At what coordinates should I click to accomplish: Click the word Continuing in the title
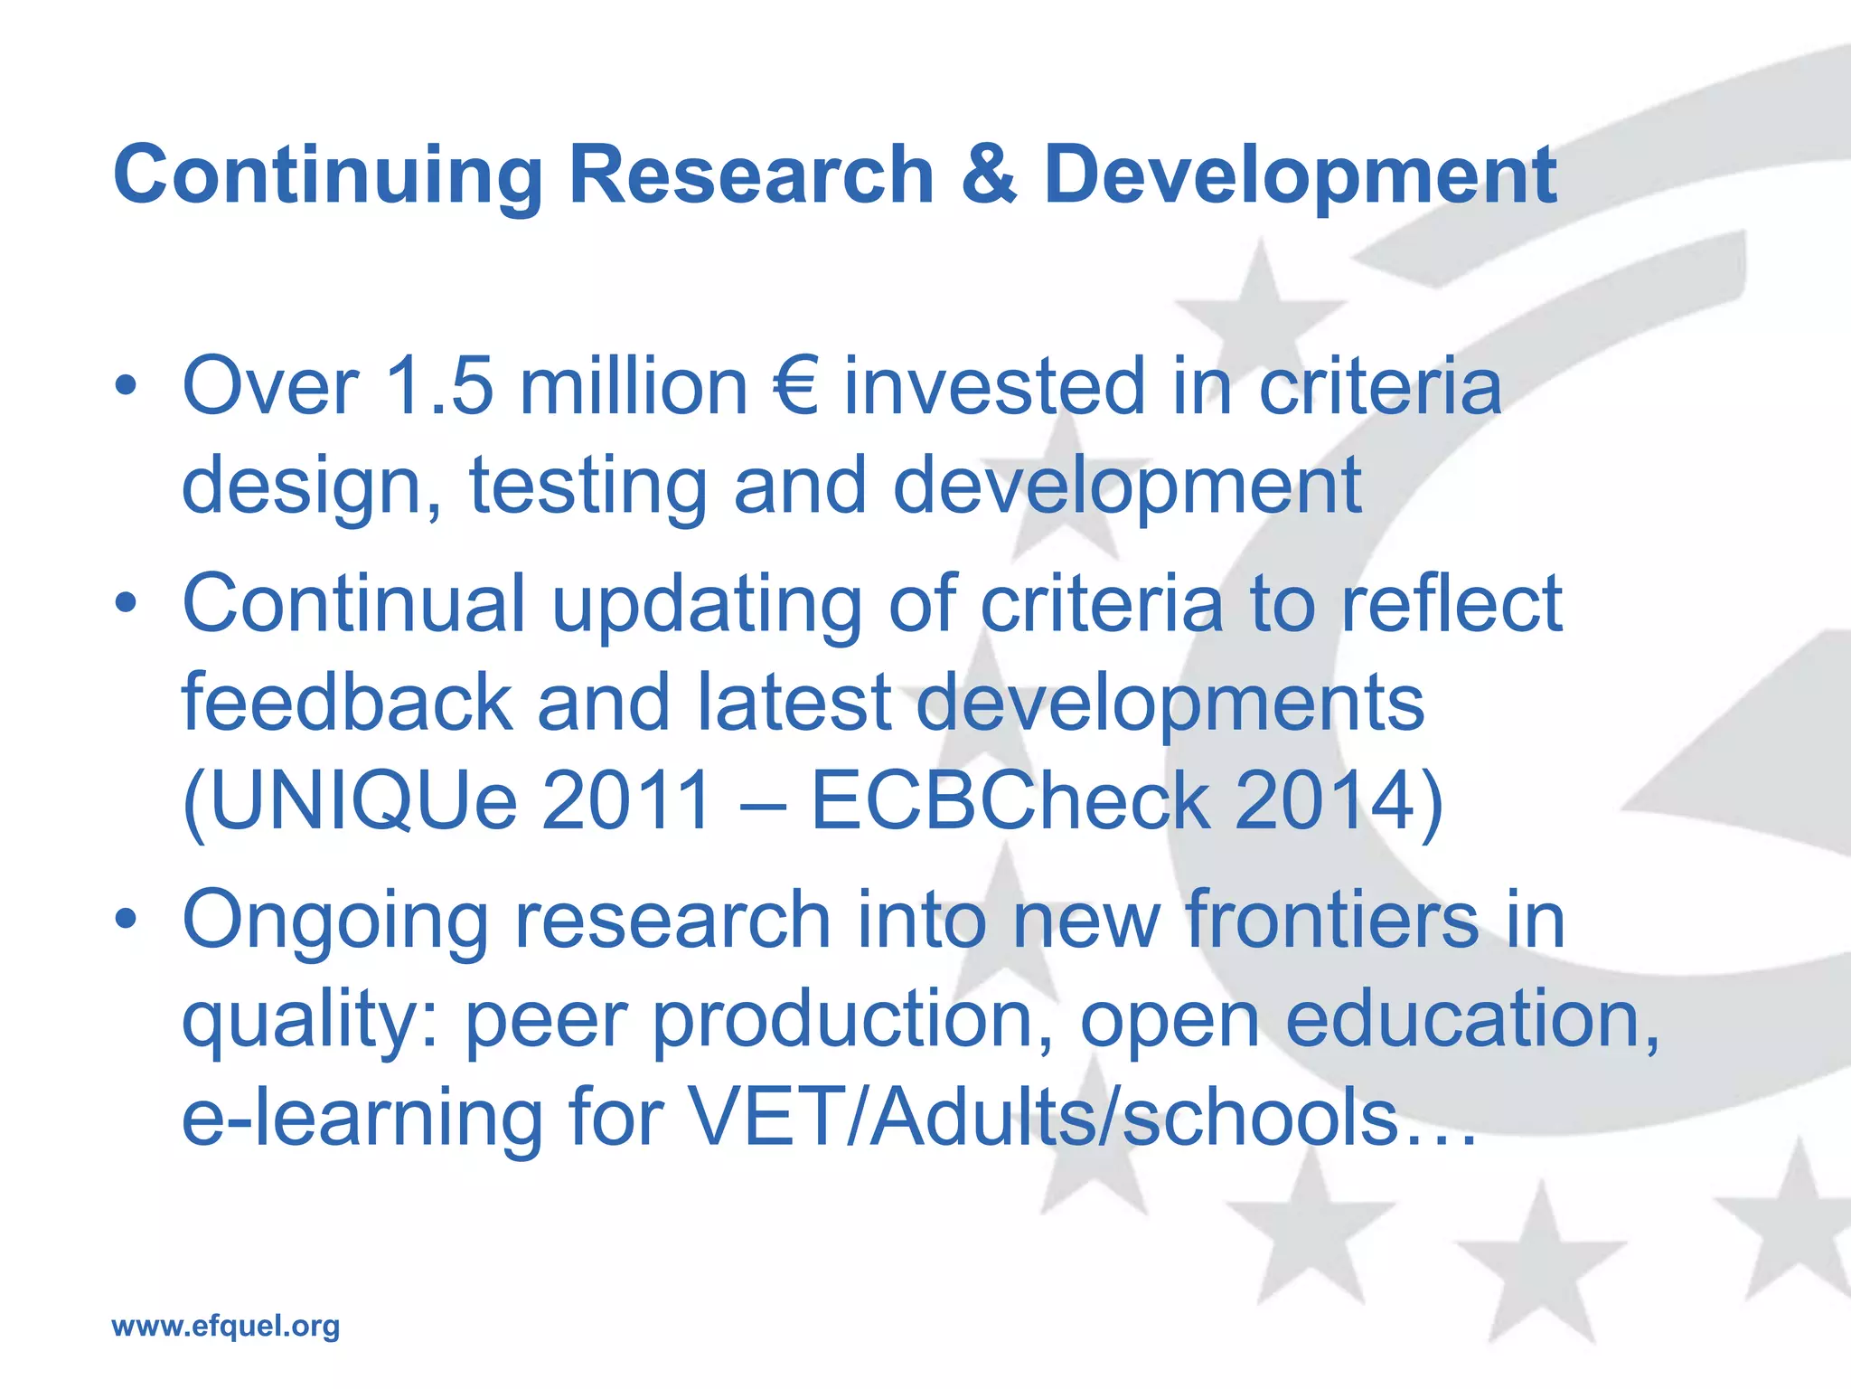327,176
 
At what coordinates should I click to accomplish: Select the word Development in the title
1301,176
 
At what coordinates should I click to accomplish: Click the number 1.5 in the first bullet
440,387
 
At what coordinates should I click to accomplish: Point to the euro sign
796,387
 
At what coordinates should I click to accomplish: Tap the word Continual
353,603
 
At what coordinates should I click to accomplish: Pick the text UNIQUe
351,801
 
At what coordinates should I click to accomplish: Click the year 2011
625,801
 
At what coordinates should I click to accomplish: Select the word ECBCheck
1010,801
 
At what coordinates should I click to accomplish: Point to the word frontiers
1332,920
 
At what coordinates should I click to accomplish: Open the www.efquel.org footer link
225,1327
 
